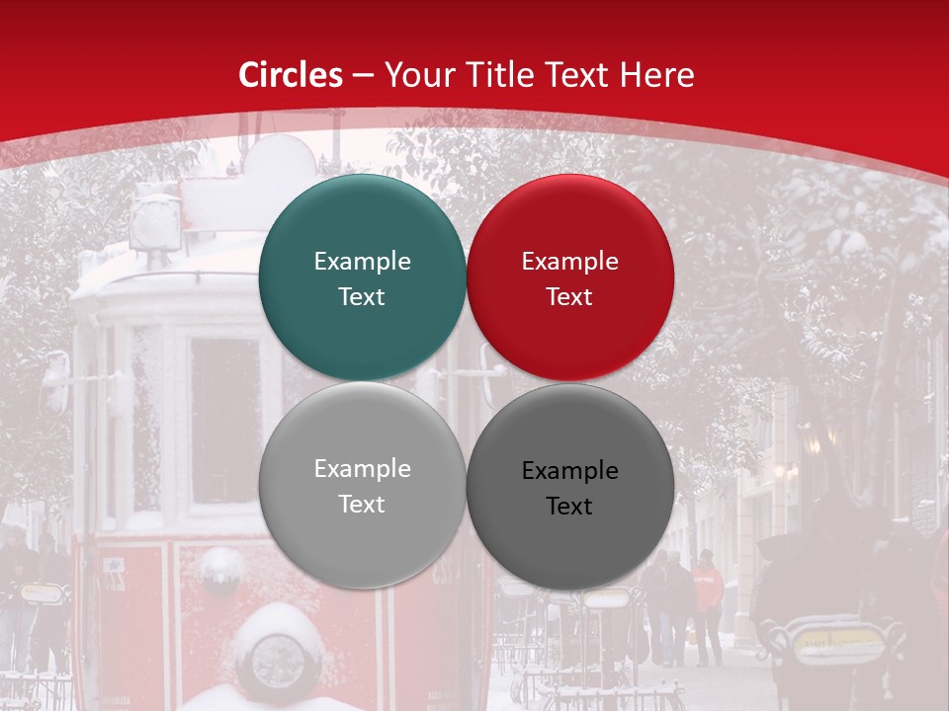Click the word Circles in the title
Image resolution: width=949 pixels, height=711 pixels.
pyautogui.click(x=291, y=75)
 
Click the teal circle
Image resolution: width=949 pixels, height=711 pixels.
pyautogui.click(x=362, y=278)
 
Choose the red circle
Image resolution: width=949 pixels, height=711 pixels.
pyautogui.click(x=569, y=278)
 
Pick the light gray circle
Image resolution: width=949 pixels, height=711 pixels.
pyautogui.click(x=362, y=486)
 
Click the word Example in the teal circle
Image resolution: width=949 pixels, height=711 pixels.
pyautogui.click(x=362, y=262)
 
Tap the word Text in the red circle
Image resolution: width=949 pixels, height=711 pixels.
pyautogui.click(x=569, y=297)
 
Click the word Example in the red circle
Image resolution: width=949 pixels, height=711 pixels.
pyautogui.click(x=569, y=262)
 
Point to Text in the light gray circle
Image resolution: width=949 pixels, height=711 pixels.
pyautogui.click(x=362, y=505)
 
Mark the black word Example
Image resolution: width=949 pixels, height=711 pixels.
pyautogui.click(x=569, y=471)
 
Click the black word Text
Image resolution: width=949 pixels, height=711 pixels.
pyautogui.click(x=569, y=507)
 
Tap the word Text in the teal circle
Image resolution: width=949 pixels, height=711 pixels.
pyautogui.click(x=362, y=297)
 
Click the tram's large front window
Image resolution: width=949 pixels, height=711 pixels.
pyautogui.click(x=225, y=420)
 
